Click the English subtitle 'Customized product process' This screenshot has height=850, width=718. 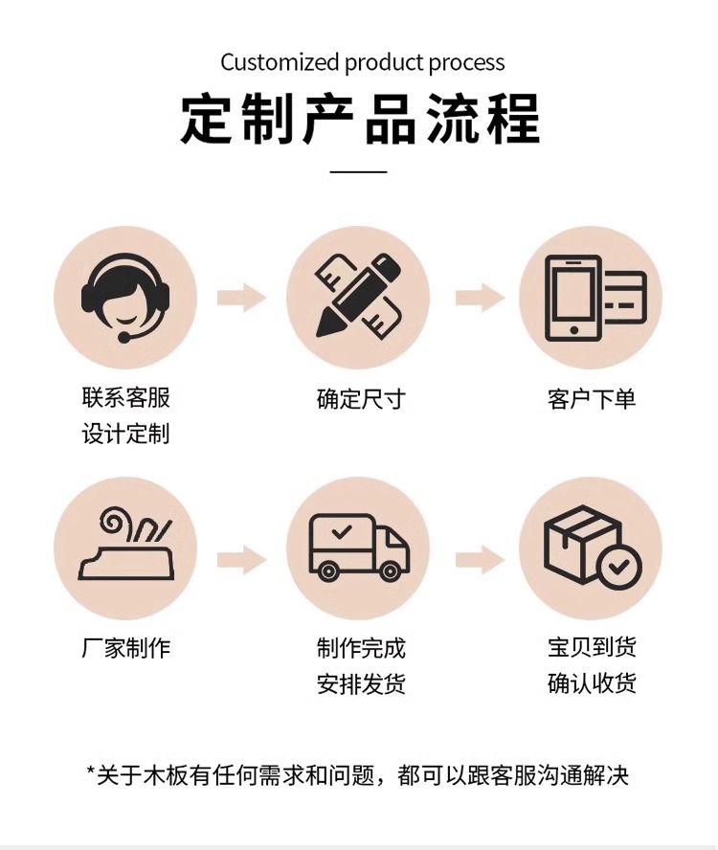362,63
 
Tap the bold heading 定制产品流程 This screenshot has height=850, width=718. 359,119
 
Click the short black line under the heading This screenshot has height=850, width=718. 359,172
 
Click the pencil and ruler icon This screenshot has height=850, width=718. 358,298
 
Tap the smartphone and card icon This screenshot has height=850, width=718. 592,298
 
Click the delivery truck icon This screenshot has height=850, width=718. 358,548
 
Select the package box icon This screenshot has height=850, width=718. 592,548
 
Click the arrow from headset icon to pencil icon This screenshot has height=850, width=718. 241,298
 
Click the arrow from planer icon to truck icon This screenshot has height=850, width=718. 241,560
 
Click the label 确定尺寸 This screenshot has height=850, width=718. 361,399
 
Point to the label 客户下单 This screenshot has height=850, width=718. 592,399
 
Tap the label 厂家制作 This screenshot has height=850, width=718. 125,648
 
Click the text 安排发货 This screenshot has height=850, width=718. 361,684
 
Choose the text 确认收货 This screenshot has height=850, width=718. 592,683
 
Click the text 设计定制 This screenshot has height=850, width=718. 125,434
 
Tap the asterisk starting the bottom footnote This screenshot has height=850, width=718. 91,772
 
